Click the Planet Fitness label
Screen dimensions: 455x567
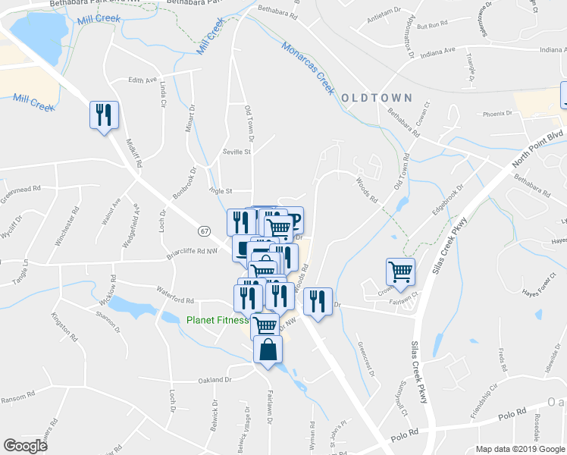217,319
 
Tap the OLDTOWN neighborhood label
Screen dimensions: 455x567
376,99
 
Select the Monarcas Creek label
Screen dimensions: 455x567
308,67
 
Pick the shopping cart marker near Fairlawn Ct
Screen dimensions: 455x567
400,271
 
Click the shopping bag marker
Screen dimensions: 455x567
268,350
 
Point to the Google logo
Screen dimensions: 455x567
26,446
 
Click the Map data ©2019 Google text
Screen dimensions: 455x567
521,449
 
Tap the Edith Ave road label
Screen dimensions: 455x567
142,80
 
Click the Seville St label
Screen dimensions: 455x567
236,152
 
